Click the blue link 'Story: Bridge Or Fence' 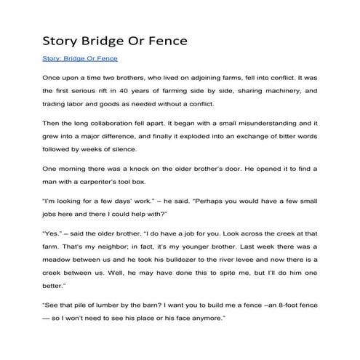(80, 58)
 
